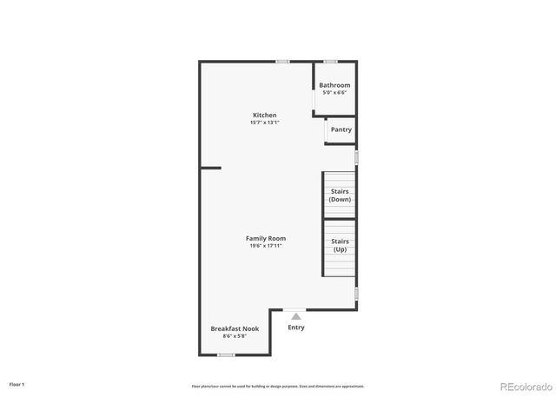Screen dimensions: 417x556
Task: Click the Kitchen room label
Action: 265,116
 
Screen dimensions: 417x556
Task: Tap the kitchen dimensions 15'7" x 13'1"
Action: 265,122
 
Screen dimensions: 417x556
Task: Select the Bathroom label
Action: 334,85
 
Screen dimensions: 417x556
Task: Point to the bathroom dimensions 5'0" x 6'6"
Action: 334,92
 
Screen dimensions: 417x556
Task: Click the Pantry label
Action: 341,129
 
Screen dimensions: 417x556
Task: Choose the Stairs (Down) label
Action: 340,195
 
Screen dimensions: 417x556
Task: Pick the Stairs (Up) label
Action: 341,245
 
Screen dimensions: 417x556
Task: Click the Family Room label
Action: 265,238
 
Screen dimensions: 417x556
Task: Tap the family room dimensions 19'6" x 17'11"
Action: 265,246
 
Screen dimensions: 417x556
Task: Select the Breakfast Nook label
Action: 235,328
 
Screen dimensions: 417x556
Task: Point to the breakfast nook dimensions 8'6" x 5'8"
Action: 235,335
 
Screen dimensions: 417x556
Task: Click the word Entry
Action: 296,328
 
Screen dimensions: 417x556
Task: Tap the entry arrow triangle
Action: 296,316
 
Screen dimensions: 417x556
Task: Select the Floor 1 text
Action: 17,383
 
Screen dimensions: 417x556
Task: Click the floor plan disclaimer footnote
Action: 278,386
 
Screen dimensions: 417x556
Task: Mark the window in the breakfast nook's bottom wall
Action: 226,354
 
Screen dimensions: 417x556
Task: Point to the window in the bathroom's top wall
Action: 330,61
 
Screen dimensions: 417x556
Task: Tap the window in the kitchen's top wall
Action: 282,61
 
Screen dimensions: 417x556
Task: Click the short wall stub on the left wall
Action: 211,168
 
